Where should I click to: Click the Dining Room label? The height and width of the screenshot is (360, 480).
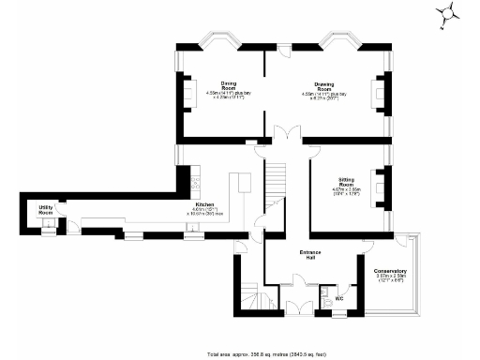pos(228,84)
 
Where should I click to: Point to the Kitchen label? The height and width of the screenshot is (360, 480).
pos(204,204)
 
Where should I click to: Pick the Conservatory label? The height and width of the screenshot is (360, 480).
pos(390,271)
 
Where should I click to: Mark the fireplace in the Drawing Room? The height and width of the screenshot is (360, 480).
pos(379,93)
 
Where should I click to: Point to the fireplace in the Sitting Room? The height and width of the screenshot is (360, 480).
pos(379,186)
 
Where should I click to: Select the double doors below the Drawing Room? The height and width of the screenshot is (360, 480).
pos(287,134)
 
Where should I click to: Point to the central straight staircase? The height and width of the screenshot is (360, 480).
pos(275,178)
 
